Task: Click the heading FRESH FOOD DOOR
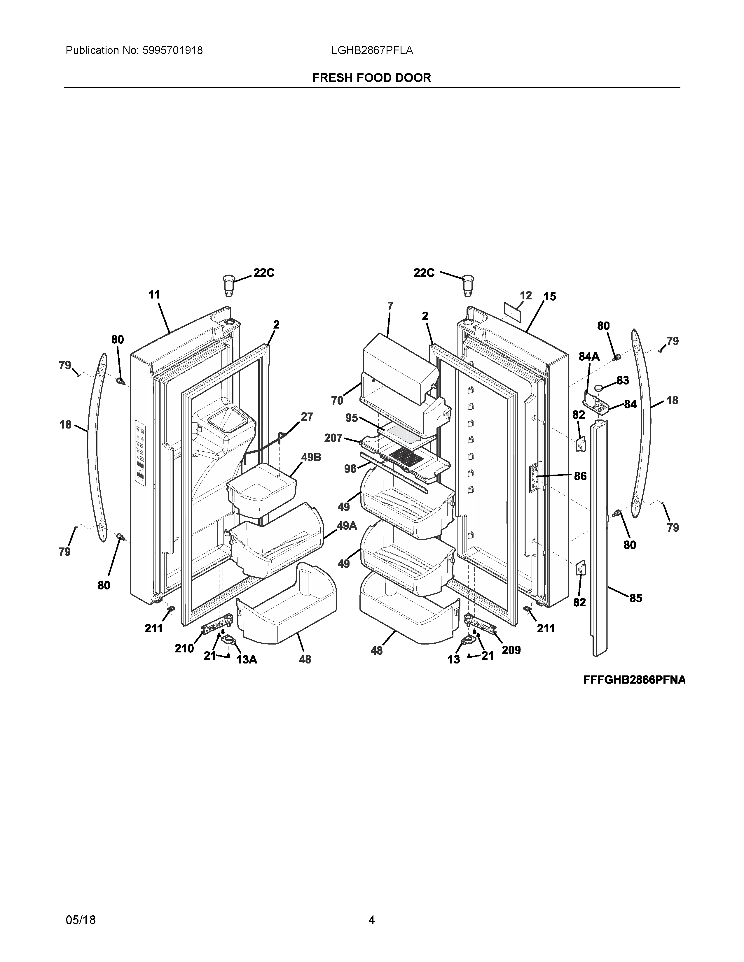coord(371,78)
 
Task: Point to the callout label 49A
coord(347,526)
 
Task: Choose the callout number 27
coord(307,417)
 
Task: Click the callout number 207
coord(333,438)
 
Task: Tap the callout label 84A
coord(589,357)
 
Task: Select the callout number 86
coord(580,476)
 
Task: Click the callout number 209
coord(511,650)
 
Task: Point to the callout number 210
coord(184,648)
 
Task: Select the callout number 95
coord(352,417)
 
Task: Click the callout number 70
coord(337,400)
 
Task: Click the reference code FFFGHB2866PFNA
coord(634,680)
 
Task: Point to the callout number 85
coord(635,598)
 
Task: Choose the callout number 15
coord(550,296)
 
